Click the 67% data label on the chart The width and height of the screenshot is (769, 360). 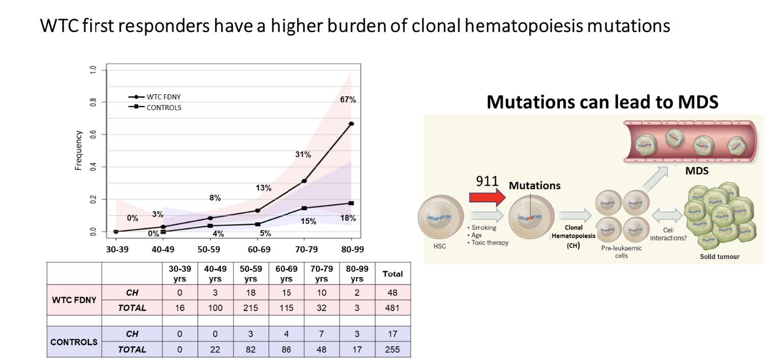tap(348, 100)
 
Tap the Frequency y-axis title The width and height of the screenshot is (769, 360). tap(79, 150)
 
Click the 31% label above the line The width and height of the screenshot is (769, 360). tap(303, 155)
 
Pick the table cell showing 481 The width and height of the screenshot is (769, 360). tap(393, 308)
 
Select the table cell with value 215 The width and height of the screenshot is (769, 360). tap(250, 308)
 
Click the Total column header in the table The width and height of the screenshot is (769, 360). tap(393, 274)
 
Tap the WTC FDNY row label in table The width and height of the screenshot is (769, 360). tap(74, 300)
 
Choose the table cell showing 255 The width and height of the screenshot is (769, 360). tap(393, 349)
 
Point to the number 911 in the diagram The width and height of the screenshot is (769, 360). tap(486, 183)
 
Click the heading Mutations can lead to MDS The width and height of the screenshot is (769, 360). tap(602, 102)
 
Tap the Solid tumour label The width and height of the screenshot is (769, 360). tap(719, 256)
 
